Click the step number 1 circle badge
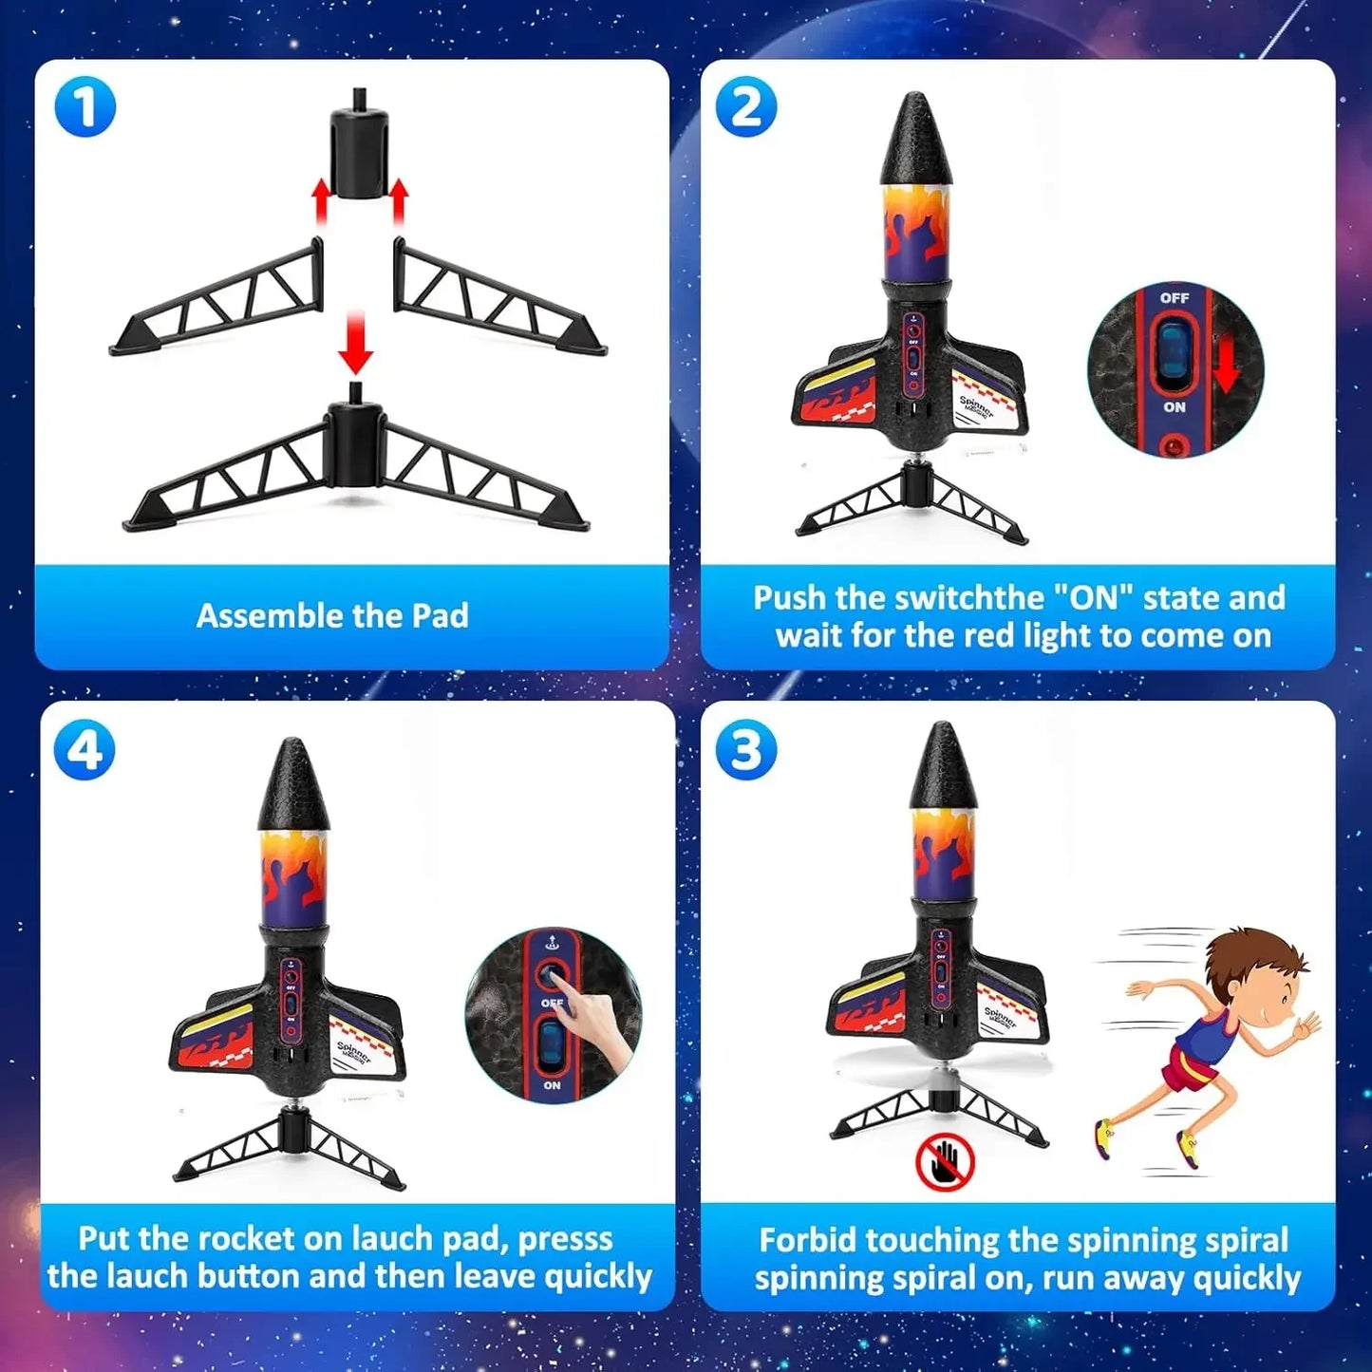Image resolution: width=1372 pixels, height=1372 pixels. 85,106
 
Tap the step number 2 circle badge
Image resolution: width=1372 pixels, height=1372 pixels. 745,106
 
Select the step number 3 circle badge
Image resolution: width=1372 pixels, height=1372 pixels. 745,750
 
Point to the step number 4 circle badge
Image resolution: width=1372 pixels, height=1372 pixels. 85,750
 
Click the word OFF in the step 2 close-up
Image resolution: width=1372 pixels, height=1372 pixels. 1175,298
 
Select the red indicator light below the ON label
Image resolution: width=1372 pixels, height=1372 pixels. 1175,444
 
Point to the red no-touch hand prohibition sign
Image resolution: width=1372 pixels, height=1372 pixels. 945,1162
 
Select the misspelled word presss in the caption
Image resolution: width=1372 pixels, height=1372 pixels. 565,1239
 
